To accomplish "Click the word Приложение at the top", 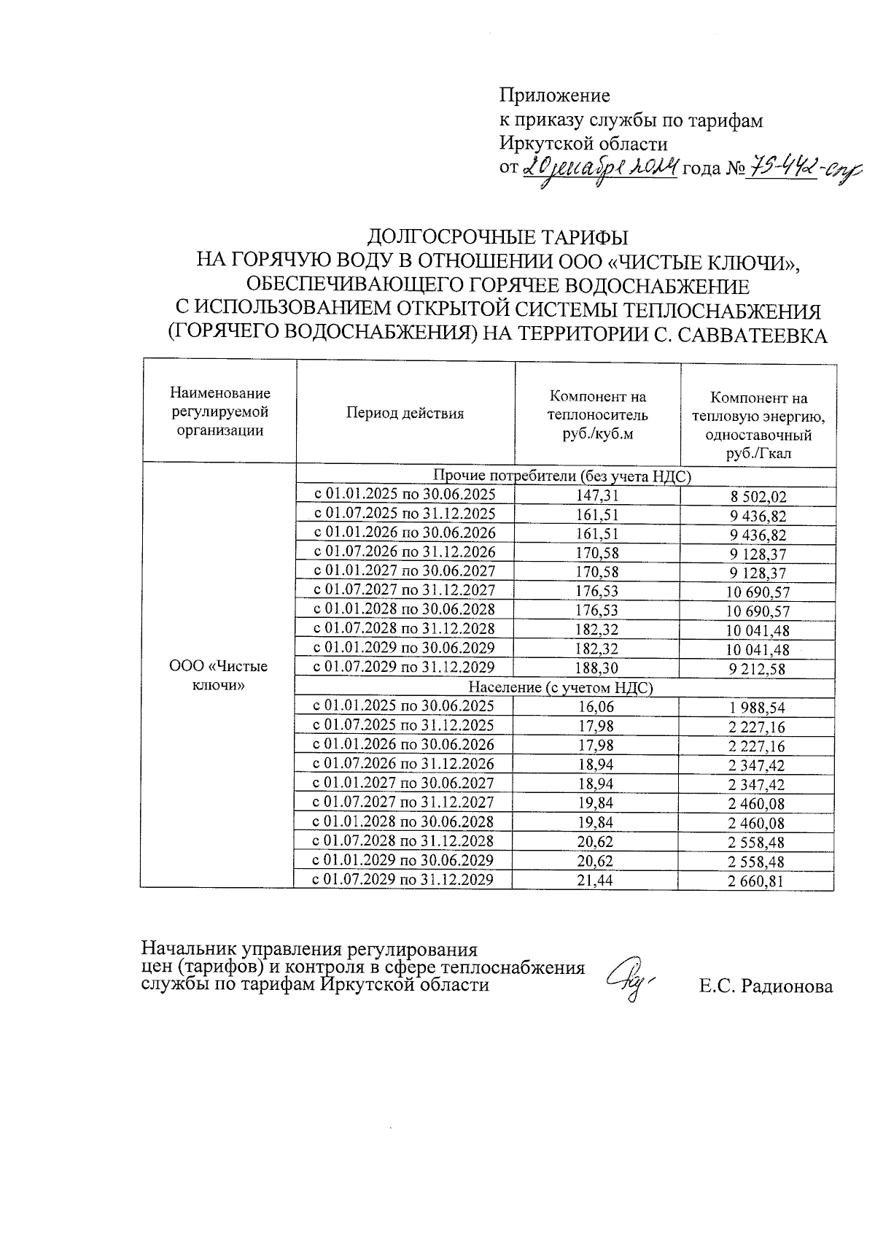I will pyautogui.click(x=554, y=96).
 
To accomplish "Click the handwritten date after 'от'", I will pyautogui.click(x=601, y=169).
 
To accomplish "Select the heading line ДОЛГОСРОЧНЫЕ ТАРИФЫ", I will pyautogui.click(x=497, y=237).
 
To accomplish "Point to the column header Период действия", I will pyautogui.click(x=405, y=414).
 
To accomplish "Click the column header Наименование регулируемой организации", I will pyautogui.click(x=220, y=412).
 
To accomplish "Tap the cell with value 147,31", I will pyautogui.click(x=598, y=495).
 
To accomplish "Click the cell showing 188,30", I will pyautogui.click(x=597, y=667).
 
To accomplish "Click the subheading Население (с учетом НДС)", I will pyautogui.click(x=560, y=686).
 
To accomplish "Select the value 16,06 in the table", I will pyautogui.click(x=596, y=706).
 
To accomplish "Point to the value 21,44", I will pyautogui.click(x=596, y=880).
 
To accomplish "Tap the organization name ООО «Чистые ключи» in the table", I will pyautogui.click(x=219, y=676).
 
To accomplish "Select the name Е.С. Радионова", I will pyautogui.click(x=766, y=987).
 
